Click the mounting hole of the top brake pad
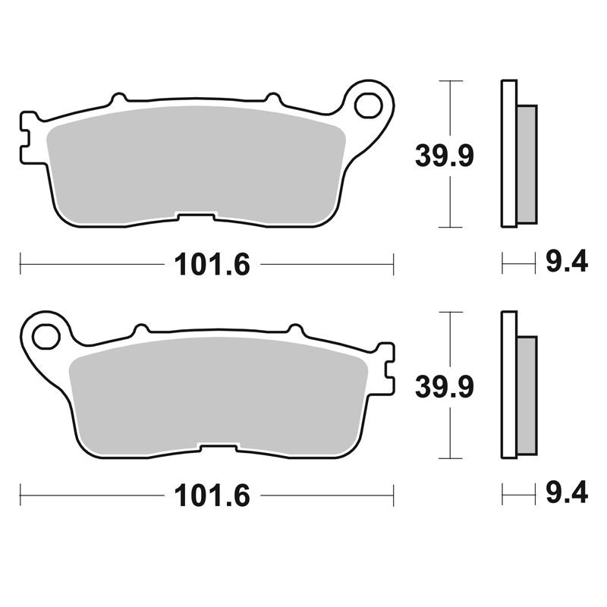[368, 105]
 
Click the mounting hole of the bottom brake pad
[46, 336]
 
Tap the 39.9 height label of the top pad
[445, 156]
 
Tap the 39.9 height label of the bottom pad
[445, 387]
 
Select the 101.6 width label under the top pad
[212, 265]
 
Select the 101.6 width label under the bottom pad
[212, 495]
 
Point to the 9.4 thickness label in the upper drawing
[567, 261]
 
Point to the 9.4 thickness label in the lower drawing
[567, 492]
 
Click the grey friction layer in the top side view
[527, 164]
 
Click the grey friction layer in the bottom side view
[527, 395]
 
